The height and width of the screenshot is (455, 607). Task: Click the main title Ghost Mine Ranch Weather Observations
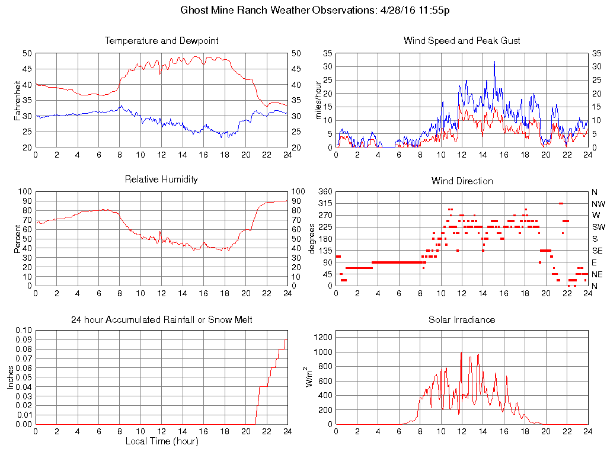coord(314,11)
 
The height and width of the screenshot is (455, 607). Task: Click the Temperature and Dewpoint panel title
coord(161,41)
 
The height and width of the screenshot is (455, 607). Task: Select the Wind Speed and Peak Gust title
coord(462,41)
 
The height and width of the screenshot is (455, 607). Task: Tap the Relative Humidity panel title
coord(161,179)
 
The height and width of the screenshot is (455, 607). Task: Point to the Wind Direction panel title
coord(462,181)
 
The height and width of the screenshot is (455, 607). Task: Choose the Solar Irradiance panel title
coord(462,320)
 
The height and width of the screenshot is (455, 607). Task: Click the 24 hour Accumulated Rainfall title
coord(161,320)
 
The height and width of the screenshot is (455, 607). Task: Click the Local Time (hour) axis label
coord(161,441)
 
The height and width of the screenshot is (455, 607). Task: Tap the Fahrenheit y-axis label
coord(17,100)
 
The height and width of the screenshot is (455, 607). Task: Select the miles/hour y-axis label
coord(318,100)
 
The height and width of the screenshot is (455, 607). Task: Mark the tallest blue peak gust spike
coord(494,62)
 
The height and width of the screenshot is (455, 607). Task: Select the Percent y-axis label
coord(17,239)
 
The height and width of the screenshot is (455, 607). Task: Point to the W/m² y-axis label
coord(310,377)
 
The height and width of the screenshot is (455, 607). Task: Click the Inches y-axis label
coord(11,377)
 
